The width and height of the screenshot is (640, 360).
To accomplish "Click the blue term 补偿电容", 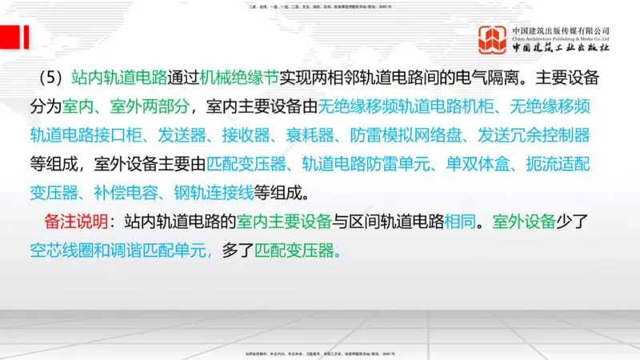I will [142, 193].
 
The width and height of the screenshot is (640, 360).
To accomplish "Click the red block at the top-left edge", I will [14, 36].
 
